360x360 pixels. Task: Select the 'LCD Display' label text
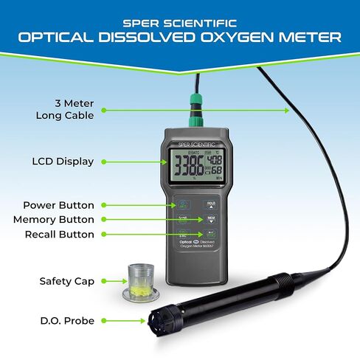pyautogui.click(x=63, y=161)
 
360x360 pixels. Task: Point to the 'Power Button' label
pyautogui.click(x=58, y=205)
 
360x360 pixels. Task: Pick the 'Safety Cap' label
pyautogui.click(x=66, y=281)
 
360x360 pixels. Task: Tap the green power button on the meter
pyautogui.click(x=181, y=205)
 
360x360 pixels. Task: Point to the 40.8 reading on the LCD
pyautogui.click(x=215, y=159)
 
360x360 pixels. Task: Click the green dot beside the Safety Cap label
pyautogui.click(x=104, y=281)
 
